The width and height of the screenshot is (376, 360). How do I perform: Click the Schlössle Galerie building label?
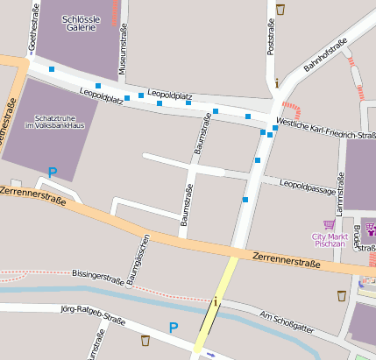pyautogui.click(x=80, y=22)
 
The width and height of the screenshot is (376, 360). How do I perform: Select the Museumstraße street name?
pyautogui.click(x=124, y=49)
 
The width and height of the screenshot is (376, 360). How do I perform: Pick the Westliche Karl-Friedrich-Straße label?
pyautogui.click(x=325, y=129)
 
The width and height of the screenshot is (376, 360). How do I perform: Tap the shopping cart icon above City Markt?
pyautogui.click(x=329, y=224)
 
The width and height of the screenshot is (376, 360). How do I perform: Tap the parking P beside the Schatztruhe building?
pyautogui.click(x=52, y=173)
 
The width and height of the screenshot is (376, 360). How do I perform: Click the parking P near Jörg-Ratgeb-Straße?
pyautogui.click(x=174, y=328)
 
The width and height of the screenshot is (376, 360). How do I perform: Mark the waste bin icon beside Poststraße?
pyautogui.click(x=280, y=9)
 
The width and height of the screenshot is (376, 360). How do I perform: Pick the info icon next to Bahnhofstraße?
pyautogui.click(x=277, y=84)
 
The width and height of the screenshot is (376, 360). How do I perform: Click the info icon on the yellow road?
pyautogui.click(x=216, y=301)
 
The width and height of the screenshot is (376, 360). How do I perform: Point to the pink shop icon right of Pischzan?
pyautogui.click(x=372, y=230)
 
